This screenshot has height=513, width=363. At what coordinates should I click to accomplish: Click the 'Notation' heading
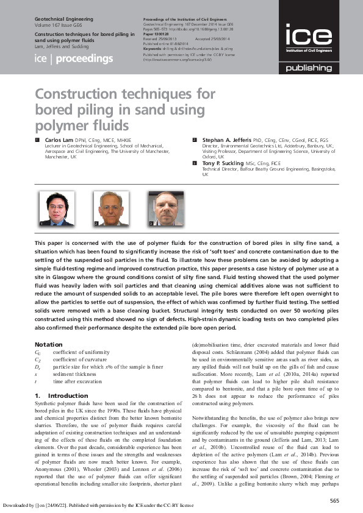coord(49,345)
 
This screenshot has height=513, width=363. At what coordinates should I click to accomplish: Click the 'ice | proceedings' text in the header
coord(74,59)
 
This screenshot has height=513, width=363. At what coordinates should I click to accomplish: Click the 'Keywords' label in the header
coord(154,47)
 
